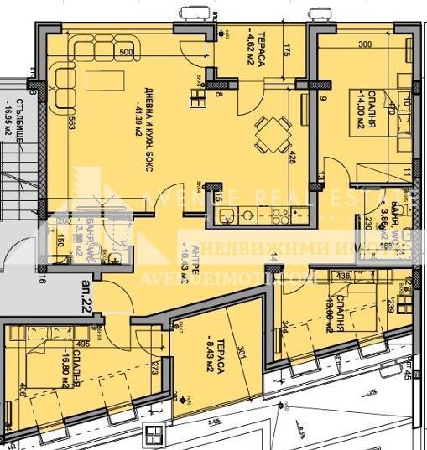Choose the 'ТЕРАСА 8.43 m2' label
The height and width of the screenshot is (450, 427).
tap(215, 339)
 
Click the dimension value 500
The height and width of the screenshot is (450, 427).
tap(126, 52)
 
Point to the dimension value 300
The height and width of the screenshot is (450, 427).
tap(364, 45)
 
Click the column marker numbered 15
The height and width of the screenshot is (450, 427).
tap(216, 197)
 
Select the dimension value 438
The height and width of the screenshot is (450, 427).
tap(342, 275)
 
